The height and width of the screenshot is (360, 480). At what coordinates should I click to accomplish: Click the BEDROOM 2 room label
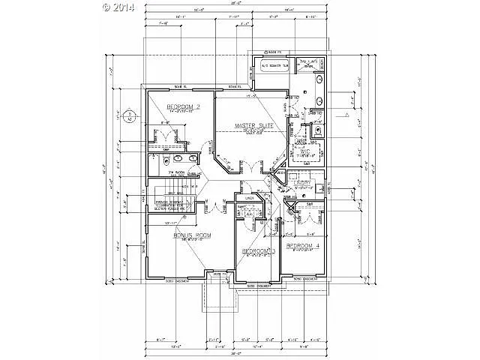pos(183,108)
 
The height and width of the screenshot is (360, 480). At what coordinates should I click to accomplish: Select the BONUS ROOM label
pos(191,235)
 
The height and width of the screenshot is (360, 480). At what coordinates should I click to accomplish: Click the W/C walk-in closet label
pos(305,151)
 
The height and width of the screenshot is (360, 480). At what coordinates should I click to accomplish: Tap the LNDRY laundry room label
pos(302,182)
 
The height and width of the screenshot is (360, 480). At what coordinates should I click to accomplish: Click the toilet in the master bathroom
pos(317,130)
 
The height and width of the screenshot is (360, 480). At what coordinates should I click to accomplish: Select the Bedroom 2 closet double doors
pos(160,136)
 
